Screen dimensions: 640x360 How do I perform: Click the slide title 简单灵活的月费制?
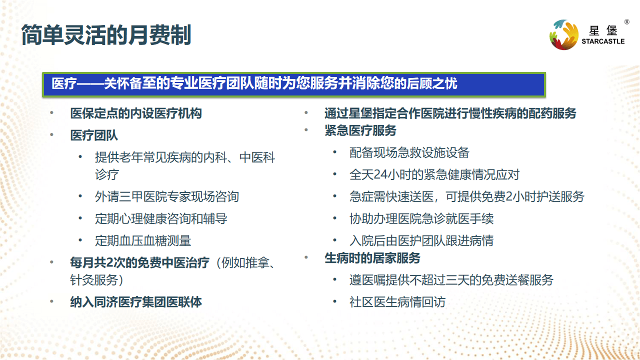tap(106, 35)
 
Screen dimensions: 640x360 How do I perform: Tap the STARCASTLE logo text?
tap(603, 41)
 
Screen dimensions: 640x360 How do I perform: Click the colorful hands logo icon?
tap(563, 34)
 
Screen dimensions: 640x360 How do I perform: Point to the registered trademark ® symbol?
tap(626, 21)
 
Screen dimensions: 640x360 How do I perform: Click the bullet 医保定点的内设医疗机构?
tap(136, 113)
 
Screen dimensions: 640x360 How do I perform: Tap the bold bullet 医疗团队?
tap(94, 135)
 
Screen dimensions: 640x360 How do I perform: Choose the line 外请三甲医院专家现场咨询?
tap(167, 196)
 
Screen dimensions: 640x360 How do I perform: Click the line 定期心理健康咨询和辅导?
tap(161, 219)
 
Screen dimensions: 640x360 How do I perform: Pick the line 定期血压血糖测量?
tap(143, 241)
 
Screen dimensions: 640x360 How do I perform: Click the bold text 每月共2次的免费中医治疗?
tap(139, 263)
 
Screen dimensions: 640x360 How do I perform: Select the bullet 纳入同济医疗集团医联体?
tap(136, 302)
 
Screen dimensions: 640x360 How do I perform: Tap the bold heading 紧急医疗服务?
tap(360, 130)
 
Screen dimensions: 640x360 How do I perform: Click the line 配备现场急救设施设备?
tap(409, 152)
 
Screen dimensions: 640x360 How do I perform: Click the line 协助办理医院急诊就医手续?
tap(421, 219)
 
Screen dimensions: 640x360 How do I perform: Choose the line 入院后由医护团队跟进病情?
tap(421, 241)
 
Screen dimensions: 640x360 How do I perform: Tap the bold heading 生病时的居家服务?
tap(372, 258)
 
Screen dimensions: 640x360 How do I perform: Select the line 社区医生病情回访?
tap(397, 302)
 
